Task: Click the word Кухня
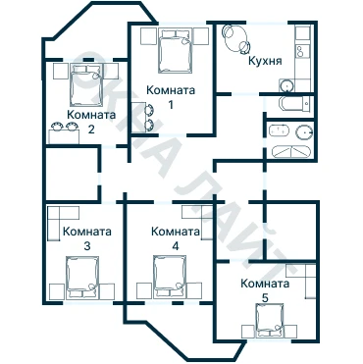[x=265, y=61]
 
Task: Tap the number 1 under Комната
[x=171, y=105]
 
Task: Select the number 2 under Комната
[x=91, y=130]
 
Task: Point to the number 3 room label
[x=87, y=246]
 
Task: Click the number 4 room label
[x=176, y=246]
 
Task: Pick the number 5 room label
[x=265, y=298]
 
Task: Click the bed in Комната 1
[x=175, y=51]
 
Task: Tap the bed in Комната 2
[x=85, y=84]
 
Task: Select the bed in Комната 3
[x=82, y=278]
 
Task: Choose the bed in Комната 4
[x=170, y=278]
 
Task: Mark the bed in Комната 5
[x=269, y=320]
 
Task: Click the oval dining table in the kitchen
[x=235, y=38]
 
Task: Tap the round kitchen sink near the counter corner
[x=287, y=85]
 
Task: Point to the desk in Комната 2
[x=64, y=136]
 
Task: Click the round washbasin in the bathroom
[x=304, y=132]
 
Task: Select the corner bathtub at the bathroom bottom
[x=290, y=152]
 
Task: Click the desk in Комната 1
[x=138, y=117]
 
